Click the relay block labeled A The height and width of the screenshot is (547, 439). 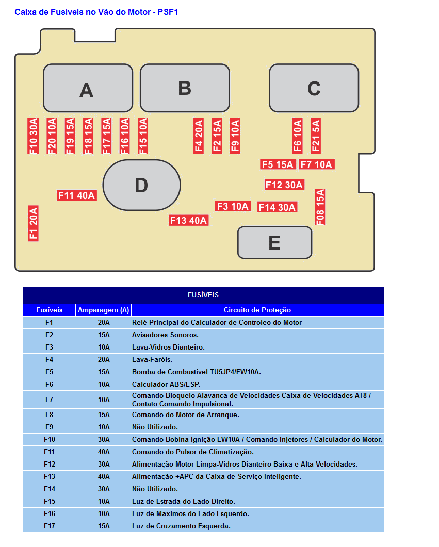point(88,88)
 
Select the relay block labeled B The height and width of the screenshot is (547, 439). point(185,88)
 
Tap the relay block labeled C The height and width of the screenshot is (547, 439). point(314,88)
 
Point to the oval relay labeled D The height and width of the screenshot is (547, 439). point(142,185)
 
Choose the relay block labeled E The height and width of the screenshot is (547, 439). point(274,242)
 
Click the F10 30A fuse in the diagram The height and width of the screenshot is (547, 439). point(33,136)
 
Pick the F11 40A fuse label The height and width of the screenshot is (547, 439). point(77,195)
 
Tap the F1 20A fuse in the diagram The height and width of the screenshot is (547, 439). point(33,223)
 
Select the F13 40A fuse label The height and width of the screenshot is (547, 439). point(188,220)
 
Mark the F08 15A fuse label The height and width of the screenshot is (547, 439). point(320,207)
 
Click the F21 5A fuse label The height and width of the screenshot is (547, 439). point(316,136)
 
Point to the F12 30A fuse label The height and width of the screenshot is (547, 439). point(284,185)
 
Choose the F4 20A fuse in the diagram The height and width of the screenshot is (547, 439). point(199,136)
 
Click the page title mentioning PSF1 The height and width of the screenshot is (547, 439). point(96,12)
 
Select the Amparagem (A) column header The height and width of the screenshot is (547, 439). point(104,310)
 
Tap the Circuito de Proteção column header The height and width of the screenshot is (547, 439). point(257,310)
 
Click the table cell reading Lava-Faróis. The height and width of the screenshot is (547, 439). point(152,360)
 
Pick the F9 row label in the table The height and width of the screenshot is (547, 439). point(49,427)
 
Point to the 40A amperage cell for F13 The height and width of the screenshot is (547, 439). point(104,476)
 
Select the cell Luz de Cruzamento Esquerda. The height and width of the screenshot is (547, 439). point(181,526)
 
